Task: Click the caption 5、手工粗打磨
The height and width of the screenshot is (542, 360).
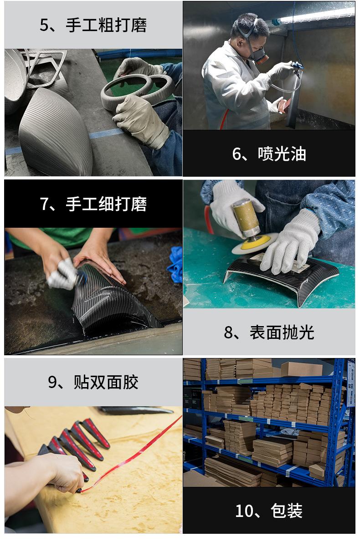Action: click(x=93, y=25)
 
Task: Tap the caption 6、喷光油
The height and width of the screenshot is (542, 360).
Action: click(x=269, y=154)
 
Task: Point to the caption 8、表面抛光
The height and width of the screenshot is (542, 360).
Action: click(x=269, y=332)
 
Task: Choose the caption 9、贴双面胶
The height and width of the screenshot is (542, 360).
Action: click(x=93, y=382)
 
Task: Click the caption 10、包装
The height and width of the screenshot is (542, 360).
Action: click(x=269, y=511)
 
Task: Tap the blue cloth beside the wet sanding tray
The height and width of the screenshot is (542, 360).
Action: click(x=175, y=264)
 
